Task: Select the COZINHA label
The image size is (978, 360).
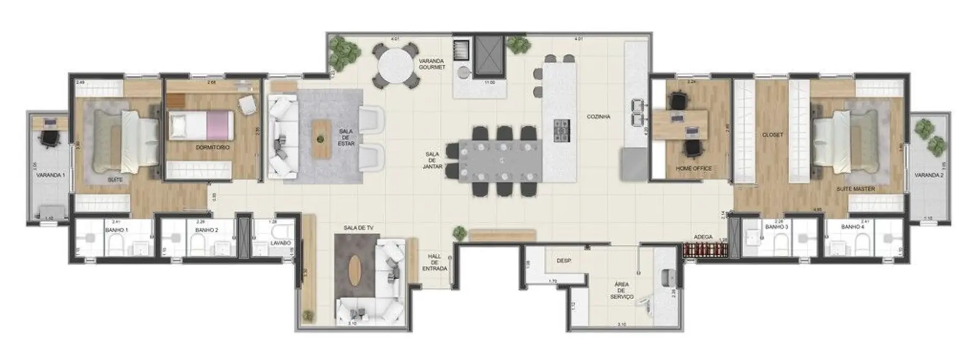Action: (x=599, y=117)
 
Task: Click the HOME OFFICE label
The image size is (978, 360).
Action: (x=693, y=168)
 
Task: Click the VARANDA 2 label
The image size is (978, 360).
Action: (x=929, y=175)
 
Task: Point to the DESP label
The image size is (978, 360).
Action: (x=564, y=261)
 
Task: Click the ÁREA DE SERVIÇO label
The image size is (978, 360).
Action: (x=621, y=290)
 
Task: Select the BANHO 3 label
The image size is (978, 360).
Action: (x=776, y=227)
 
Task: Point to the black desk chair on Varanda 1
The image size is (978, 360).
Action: (x=50, y=138)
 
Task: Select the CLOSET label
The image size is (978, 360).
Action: (x=772, y=135)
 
